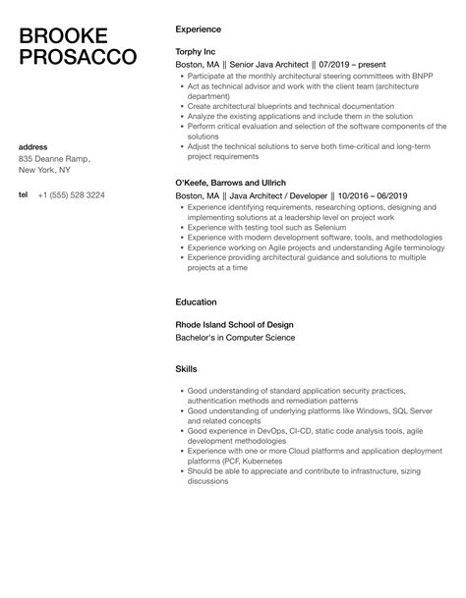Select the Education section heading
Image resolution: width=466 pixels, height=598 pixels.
196,301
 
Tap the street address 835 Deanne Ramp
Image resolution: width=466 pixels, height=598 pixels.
54,158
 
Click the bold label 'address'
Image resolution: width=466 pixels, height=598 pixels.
34,146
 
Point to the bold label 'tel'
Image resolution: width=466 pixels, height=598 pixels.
24,194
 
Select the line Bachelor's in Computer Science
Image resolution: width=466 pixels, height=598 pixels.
235,338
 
